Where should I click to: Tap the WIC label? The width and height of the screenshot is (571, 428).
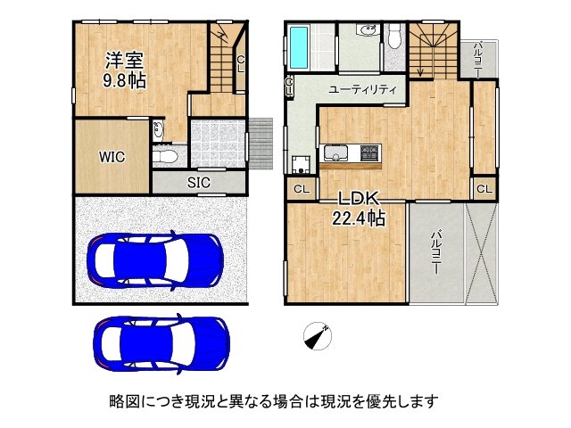[112, 156]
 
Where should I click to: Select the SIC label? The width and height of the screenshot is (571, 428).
[198, 182]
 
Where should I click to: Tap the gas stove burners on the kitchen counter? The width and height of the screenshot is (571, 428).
[368, 152]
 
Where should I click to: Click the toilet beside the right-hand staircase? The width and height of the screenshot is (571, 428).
[393, 37]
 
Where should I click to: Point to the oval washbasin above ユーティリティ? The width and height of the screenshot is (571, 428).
[366, 31]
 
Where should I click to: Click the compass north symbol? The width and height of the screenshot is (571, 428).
[316, 335]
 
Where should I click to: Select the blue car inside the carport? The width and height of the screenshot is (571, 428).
[153, 258]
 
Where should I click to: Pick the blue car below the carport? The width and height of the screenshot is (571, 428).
[161, 343]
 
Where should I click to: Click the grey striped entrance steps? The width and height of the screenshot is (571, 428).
[260, 143]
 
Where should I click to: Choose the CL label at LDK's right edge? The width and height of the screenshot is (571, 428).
[484, 189]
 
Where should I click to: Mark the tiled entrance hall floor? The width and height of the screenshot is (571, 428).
[216, 144]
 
